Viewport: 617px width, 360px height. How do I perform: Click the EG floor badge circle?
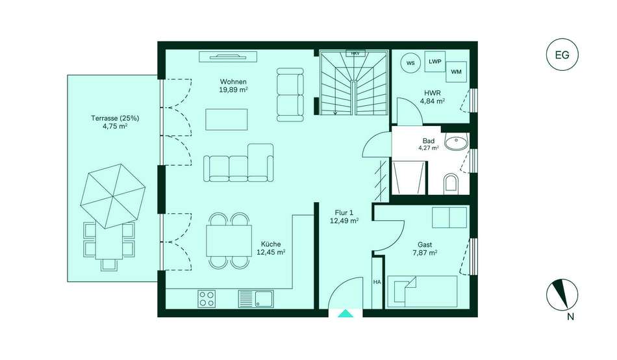point(562,55)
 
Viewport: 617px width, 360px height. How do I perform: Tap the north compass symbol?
point(562,295)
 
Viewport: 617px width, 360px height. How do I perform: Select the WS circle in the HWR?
point(410,63)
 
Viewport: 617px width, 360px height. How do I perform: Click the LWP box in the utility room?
point(434,62)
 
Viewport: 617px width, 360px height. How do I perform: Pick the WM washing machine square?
point(456,71)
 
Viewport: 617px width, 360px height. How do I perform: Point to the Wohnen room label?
point(233,82)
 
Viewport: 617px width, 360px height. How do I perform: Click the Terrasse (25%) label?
point(115,118)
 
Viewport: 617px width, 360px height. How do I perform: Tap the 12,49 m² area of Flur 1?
point(344,221)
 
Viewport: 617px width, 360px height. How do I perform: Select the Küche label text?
point(271,244)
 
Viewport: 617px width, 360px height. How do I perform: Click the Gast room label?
point(425,245)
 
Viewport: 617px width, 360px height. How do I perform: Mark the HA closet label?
point(377,282)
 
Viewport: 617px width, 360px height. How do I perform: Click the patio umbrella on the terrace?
point(113,196)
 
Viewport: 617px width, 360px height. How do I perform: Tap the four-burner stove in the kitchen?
point(207,298)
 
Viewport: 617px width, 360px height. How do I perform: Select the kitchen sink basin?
point(264,298)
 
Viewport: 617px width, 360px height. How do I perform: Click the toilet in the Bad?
point(451,185)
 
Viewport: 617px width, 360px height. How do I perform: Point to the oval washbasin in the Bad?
point(456,141)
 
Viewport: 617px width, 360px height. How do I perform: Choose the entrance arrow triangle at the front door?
point(346,313)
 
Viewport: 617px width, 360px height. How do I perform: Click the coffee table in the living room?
point(226,120)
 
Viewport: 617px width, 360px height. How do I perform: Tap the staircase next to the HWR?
point(354,83)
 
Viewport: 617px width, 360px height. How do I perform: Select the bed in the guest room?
point(422,292)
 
